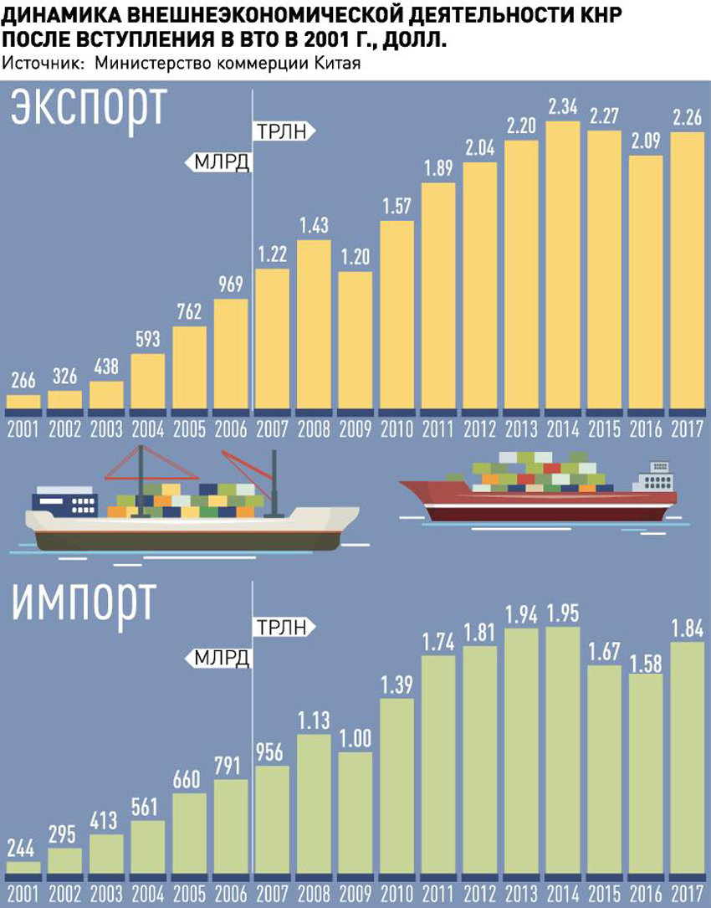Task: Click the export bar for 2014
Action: pyautogui.click(x=564, y=268)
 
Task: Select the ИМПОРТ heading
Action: pyautogui.click(x=84, y=600)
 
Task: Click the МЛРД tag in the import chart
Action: pyautogui.click(x=221, y=658)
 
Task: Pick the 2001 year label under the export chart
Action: pyautogui.click(x=23, y=431)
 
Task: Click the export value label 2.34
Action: pyautogui.click(x=564, y=107)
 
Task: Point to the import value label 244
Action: pyautogui.click(x=23, y=848)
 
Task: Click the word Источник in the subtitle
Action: pyautogui.click(x=42, y=64)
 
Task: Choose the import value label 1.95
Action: pyautogui.click(x=564, y=613)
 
